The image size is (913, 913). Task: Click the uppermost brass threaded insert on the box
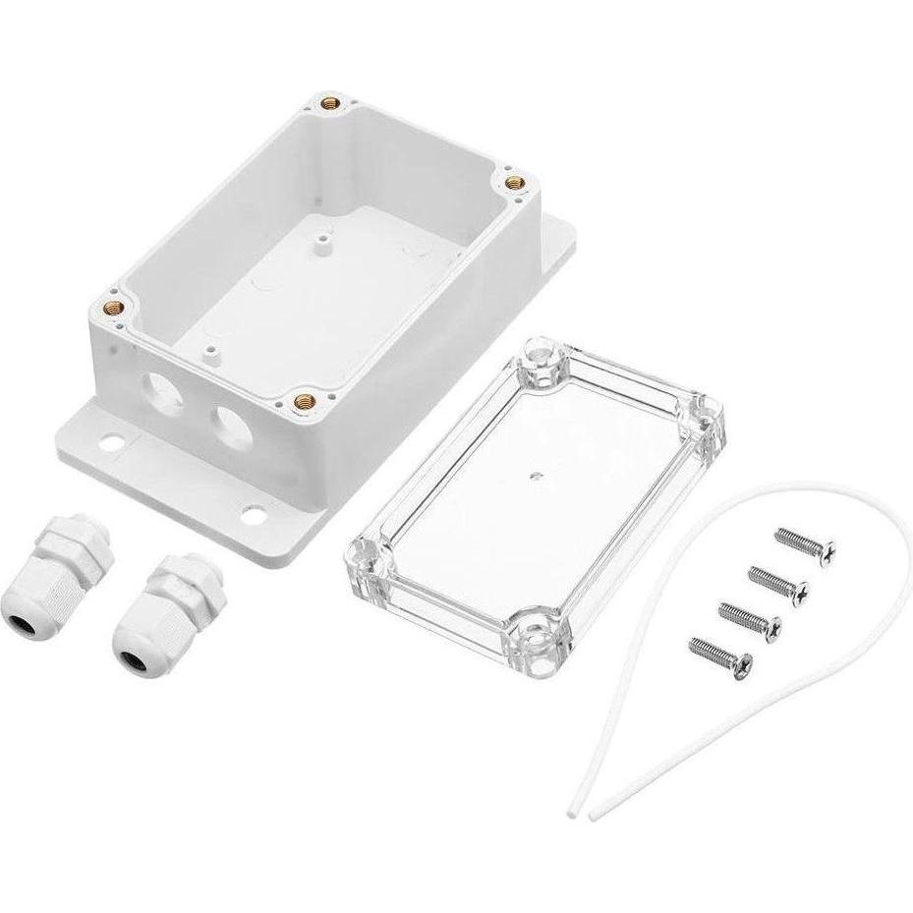point(329,101)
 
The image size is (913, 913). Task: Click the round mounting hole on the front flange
point(255,512)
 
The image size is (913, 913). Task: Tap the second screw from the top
point(796,587)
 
